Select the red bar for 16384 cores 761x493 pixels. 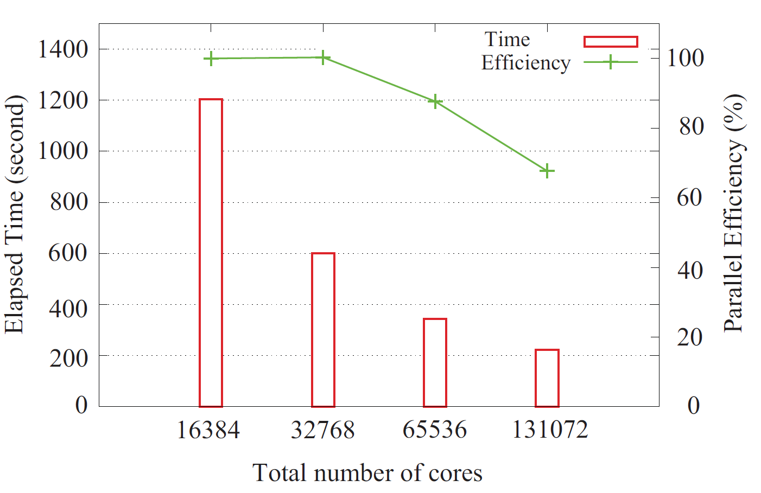click(211, 253)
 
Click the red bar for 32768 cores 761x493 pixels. click(323, 330)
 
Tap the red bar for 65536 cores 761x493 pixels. click(435, 362)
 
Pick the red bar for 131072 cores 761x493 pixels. click(547, 378)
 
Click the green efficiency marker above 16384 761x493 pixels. click(211, 59)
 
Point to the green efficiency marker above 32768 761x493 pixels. click(323, 57)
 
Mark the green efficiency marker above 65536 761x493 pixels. click(435, 101)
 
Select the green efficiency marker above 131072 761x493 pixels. click(547, 171)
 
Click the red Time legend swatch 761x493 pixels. click(610, 42)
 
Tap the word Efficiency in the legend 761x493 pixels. click(525, 63)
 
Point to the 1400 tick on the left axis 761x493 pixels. click(62, 49)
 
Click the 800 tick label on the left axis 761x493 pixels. click(68, 202)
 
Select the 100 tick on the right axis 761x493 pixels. click(685, 57)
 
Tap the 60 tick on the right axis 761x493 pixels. click(690, 197)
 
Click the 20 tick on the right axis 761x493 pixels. click(690, 337)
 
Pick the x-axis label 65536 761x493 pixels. click(434, 430)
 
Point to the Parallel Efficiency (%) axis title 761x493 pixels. click(734, 213)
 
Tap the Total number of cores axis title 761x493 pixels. click(367, 473)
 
